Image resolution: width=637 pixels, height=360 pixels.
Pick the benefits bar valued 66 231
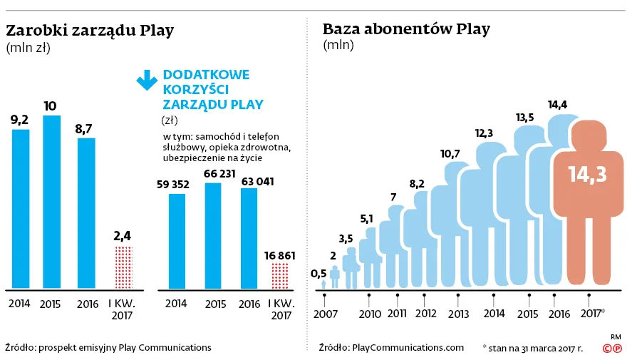pos(213,236)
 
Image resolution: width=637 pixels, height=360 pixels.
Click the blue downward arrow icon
pos(147,80)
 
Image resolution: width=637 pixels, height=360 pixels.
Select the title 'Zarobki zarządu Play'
pos(90,31)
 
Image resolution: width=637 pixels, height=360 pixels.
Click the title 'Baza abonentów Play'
pos(406,29)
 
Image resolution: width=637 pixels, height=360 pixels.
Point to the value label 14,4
pos(557,105)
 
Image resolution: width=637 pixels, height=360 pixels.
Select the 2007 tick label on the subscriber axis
pos(324,314)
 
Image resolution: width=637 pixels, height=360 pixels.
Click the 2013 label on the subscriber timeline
pos(458,314)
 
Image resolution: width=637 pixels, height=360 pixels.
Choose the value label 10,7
pos(450,153)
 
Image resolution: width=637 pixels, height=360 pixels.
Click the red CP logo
pos(612,349)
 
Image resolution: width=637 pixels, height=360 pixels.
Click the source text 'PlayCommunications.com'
pos(408,347)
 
